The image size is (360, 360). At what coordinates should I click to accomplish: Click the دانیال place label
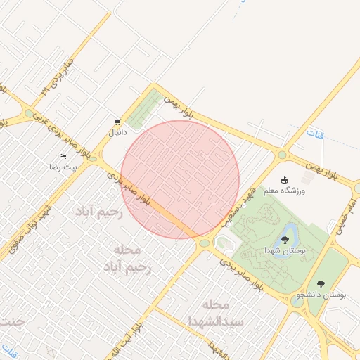coord(115,132)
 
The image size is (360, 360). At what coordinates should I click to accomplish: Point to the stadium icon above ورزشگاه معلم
coord(285,180)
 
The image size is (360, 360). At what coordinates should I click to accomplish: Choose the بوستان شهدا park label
coord(284,250)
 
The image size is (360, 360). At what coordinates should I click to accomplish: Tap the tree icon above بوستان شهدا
coord(284,240)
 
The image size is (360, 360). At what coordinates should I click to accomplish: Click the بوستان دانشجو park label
coord(321,295)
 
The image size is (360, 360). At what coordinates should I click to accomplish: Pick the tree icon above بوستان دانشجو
coord(321,284)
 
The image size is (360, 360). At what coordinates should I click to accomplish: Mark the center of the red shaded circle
coord(181,179)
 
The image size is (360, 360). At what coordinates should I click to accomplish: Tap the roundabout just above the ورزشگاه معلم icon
coord(282,155)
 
